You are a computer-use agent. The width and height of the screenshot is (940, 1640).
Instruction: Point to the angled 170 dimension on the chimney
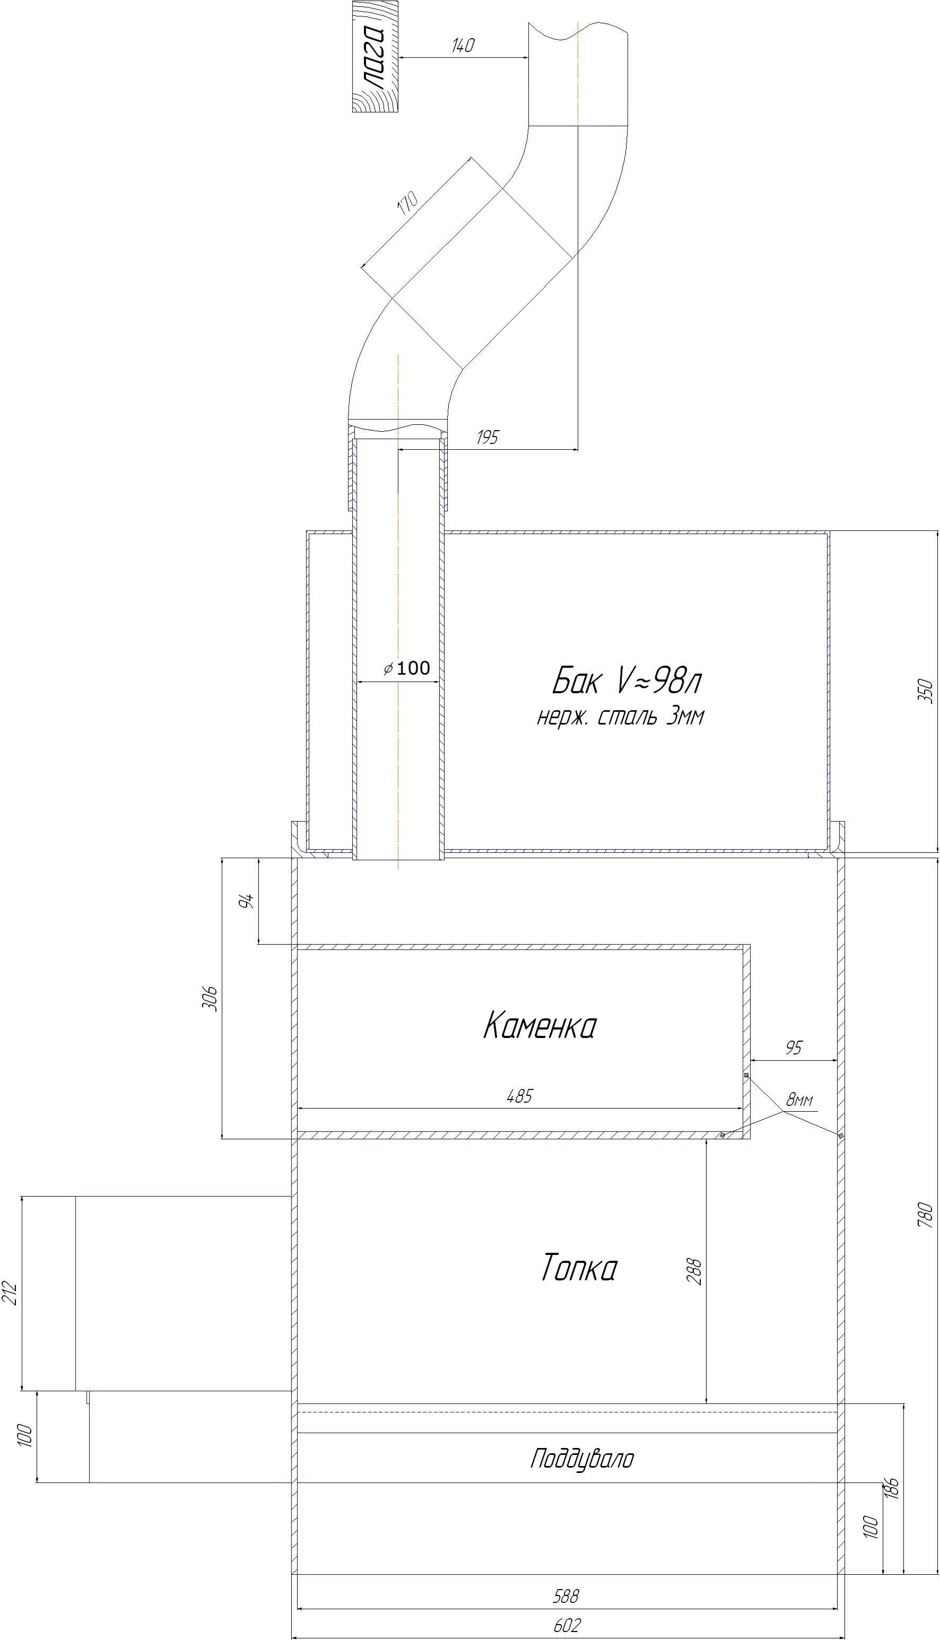point(408,203)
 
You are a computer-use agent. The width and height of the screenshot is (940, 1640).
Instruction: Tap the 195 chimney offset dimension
point(488,437)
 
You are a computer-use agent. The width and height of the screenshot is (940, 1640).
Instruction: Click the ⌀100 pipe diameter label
point(407,668)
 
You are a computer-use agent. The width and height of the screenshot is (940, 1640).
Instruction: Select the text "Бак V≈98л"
point(626,681)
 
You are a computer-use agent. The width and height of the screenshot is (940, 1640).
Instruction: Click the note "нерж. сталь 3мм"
point(620,717)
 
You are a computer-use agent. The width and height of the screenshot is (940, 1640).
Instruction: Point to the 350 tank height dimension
point(926,691)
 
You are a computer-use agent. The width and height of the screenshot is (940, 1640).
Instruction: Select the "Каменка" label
point(539,1025)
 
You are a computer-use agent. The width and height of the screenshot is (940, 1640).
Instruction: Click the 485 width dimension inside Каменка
point(520,1096)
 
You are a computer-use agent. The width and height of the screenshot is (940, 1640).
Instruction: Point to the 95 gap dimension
point(794,1048)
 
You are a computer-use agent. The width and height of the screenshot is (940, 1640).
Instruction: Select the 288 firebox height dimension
point(695,1271)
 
